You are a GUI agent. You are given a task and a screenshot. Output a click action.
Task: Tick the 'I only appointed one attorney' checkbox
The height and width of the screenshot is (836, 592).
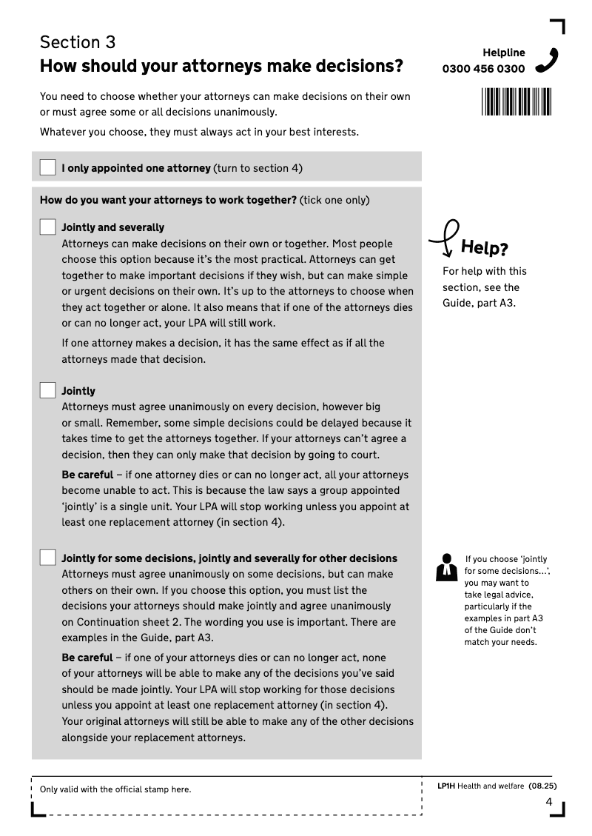pyautogui.click(x=48, y=167)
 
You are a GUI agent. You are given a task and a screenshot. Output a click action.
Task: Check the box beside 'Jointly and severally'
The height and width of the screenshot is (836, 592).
pyautogui.click(x=48, y=227)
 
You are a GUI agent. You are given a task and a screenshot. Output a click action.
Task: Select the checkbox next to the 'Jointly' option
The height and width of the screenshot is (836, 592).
pyautogui.click(x=48, y=390)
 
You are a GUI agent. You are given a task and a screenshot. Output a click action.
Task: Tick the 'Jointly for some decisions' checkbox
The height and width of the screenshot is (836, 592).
pyautogui.click(x=48, y=558)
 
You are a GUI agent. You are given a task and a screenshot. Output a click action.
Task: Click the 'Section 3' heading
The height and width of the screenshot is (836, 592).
pyautogui.click(x=78, y=42)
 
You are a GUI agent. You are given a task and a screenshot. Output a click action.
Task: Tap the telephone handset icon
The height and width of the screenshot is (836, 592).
pyautogui.click(x=547, y=61)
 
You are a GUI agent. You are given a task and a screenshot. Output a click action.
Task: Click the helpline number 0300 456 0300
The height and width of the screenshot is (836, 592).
pyautogui.click(x=483, y=69)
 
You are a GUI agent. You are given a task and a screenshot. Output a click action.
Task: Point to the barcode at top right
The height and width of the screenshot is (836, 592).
pyautogui.click(x=517, y=101)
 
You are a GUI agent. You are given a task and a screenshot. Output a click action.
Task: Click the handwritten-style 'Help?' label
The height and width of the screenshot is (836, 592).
pyautogui.click(x=484, y=247)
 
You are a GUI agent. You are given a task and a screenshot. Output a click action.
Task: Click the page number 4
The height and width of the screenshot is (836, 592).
pyautogui.click(x=548, y=802)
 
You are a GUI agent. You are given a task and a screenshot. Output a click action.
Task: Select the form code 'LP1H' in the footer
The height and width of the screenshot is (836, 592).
pyautogui.click(x=446, y=786)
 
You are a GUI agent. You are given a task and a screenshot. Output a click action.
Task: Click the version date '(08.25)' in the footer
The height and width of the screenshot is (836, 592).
pyautogui.click(x=542, y=786)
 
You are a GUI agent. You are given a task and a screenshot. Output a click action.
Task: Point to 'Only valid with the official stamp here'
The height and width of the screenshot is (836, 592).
pyautogui.click(x=115, y=789)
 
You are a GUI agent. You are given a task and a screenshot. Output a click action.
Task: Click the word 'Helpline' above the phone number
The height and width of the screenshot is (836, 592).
pyautogui.click(x=504, y=53)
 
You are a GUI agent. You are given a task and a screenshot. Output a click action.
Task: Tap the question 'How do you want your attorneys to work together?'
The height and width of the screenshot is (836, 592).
pyautogui.click(x=168, y=200)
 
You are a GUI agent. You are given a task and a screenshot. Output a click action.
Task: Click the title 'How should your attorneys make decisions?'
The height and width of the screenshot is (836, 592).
pyautogui.click(x=221, y=67)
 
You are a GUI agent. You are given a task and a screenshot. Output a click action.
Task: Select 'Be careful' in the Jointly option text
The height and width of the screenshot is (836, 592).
pyautogui.click(x=87, y=475)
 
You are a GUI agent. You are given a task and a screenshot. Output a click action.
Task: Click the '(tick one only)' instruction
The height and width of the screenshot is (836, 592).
pyautogui.click(x=334, y=200)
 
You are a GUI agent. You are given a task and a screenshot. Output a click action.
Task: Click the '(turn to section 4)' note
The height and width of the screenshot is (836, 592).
pyautogui.click(x=258, y=168)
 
